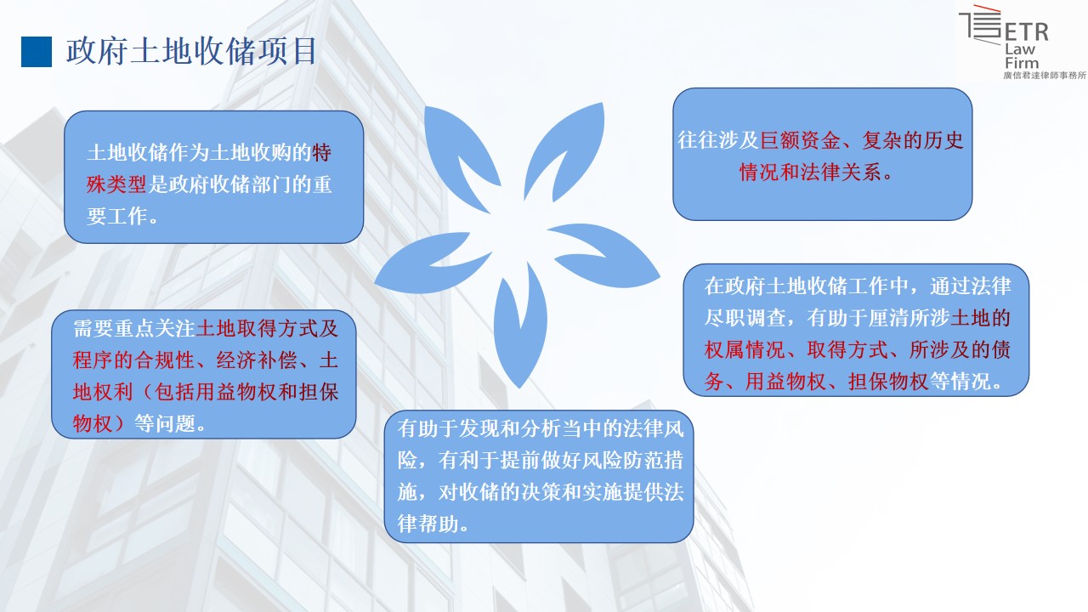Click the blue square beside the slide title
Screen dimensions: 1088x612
click(37, 52)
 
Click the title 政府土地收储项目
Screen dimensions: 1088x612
click(191, 51)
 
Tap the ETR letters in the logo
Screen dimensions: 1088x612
click(1026, 32)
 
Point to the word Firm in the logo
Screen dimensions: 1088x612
click(1022, 63)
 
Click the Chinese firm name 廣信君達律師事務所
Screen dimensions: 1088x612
click(1045, 76)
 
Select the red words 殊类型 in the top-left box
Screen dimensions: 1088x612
click(116, 184)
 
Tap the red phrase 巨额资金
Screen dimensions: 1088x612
click(800, 140)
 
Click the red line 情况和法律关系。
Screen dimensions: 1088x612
click(816, 172)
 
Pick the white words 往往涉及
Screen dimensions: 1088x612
click(718, 140)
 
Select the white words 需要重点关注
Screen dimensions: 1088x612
click(134, 329)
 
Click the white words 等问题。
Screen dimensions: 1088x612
click(171, 423)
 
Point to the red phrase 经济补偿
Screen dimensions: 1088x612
click(257, 360)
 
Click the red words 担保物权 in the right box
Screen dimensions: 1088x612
click(888, 382)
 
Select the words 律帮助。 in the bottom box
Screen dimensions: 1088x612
click(433, 524)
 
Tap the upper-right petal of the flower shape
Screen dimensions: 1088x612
click(569, 150)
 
